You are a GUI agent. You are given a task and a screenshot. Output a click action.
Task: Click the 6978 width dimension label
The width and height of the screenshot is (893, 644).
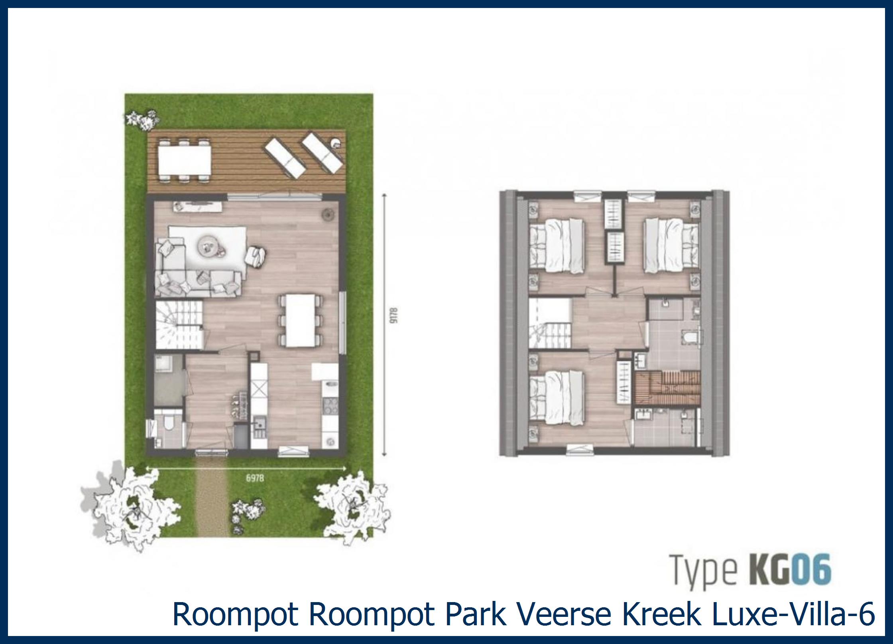pyautogui.click(x=255, y=478)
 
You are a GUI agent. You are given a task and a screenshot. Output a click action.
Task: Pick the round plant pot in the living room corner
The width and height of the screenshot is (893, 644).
pyautogui.click(x=327, y=214)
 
